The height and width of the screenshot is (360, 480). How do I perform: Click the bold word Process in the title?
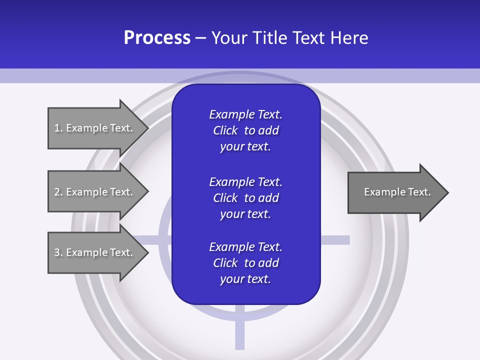(x=157, y=38)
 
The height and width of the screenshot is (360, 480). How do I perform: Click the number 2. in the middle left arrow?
(x=58, y=192)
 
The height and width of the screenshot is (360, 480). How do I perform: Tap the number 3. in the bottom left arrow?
(x=58, y=252)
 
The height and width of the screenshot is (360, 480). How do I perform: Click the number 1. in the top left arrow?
(x=58, y=128)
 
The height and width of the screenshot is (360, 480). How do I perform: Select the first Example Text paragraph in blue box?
(x=245, y=130)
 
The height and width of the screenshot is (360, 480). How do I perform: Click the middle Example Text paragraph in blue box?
(x=245, y=198)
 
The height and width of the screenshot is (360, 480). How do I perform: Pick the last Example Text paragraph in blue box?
(x=245, y=263)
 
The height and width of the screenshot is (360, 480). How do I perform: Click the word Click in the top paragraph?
(x=225, y=130)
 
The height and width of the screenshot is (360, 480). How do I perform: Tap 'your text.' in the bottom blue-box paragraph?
(x=245, y=279)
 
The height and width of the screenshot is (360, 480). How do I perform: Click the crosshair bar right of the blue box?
(x=334, y=240)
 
